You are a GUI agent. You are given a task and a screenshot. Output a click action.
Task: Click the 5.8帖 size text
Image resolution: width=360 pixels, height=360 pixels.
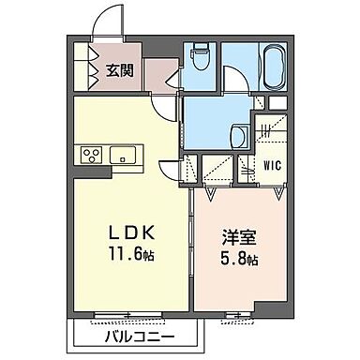(238, 260)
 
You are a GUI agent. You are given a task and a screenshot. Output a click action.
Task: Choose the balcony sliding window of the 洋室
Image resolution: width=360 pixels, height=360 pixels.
(233, 314)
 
